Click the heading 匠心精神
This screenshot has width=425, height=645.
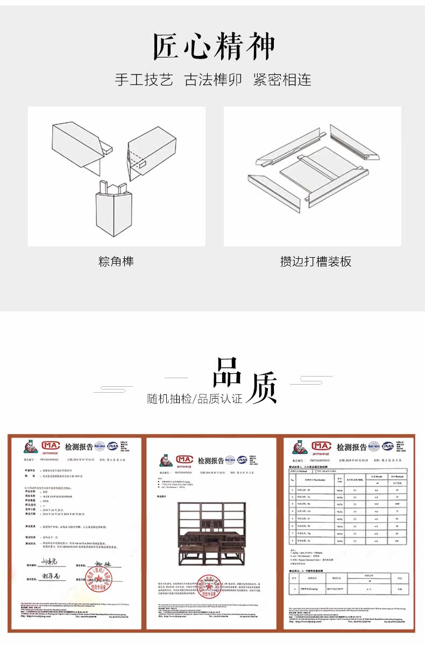(x=214, y=47)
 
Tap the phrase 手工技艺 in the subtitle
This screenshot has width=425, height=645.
(x=144, y=80)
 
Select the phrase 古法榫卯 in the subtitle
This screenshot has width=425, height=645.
(x=213, y=80)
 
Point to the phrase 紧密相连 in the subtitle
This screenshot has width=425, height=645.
(x=282, y=80)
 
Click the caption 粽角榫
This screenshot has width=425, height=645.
(x=116, y=262)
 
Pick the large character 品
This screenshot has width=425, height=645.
(x=229, y=372)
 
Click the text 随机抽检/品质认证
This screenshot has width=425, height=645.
(x=195, y=399)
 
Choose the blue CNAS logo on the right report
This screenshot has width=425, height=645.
(x=387, y=446)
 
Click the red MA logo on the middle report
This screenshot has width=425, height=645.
(x=184, y=460)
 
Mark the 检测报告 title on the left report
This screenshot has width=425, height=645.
(x=79, y=446)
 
